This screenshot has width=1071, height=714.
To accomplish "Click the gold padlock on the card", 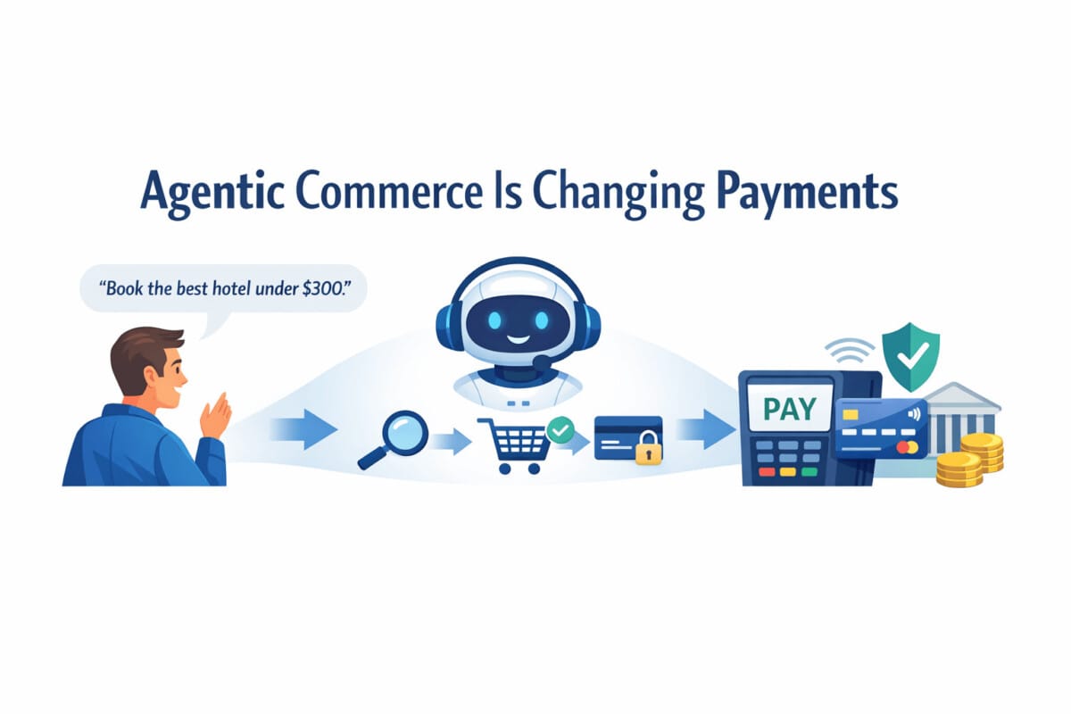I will [647, 453].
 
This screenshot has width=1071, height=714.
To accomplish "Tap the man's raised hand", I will [215, 414].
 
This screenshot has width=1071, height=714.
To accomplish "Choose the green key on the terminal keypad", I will [809, 470].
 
